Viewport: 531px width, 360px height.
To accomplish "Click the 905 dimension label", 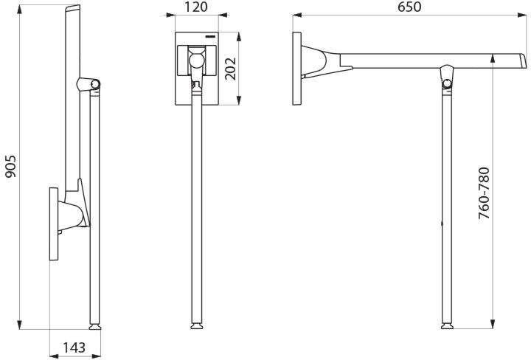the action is tap(10, 166).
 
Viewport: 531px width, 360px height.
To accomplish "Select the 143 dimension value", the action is tap(74, 347).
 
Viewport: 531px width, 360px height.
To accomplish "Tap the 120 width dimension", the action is tap(196, 7).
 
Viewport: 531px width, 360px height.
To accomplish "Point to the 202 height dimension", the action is tap(231, 69).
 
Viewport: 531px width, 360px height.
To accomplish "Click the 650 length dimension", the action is tap(409, 7).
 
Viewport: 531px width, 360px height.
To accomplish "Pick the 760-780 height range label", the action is tap(485, 193).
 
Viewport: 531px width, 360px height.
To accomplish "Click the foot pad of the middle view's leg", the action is tap(197, 327).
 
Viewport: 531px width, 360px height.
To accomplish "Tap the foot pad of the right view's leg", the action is tap(447, 327).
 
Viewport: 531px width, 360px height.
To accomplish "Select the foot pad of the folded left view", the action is tap(95, 327).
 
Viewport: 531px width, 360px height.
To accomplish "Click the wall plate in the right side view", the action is tap(297, 69).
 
